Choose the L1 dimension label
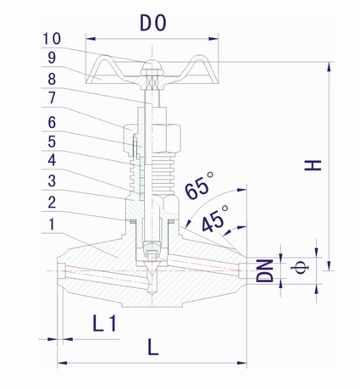103,322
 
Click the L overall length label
152,346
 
